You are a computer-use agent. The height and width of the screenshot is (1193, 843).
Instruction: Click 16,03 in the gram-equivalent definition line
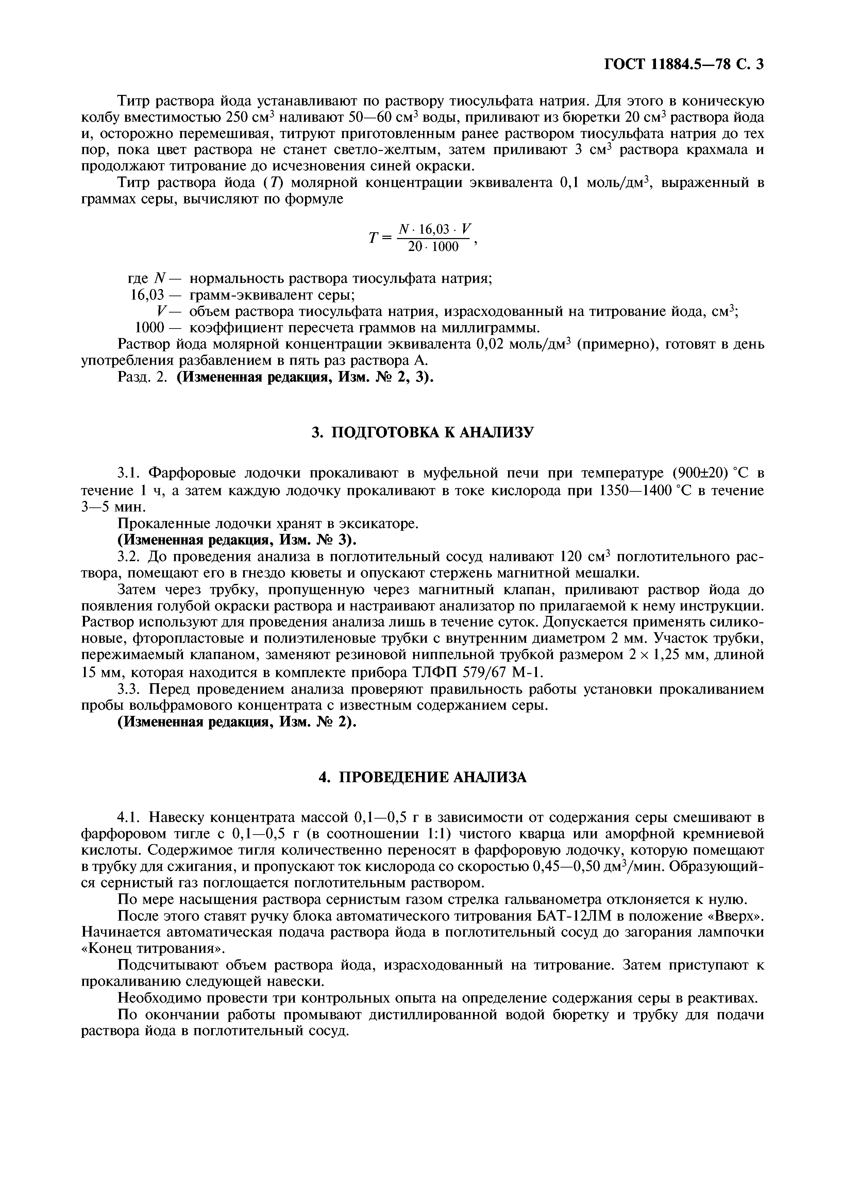[x=147, y=295]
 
